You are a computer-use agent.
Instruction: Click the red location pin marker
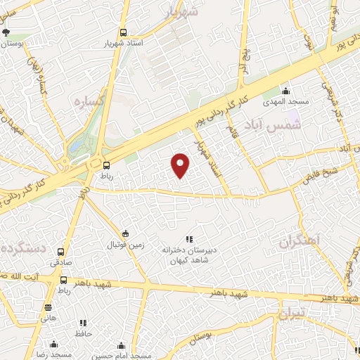(181, 165)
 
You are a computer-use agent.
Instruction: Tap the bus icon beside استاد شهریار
(124, 32)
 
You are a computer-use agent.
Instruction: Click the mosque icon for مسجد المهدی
(285, 91)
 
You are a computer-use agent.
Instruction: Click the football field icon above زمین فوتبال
(125, 233)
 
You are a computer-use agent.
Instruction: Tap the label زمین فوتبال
(125, 245)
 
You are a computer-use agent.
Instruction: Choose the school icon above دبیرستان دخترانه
(188, 239)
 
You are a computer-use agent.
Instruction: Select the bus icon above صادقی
(61, 251)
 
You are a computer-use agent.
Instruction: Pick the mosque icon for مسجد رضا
(53, 345)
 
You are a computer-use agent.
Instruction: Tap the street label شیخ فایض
(320, 172)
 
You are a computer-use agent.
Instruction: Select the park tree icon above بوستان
(6, 32)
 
